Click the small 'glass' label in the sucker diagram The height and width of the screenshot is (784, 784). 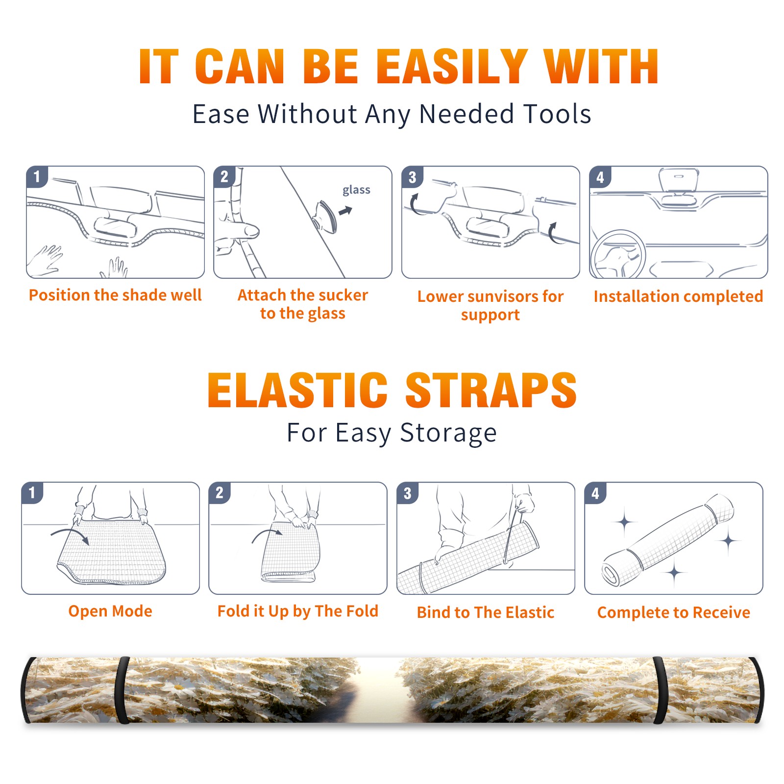point(356,190)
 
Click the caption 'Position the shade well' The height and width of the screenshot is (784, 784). point(115,295)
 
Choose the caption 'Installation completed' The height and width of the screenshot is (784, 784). point(678,296)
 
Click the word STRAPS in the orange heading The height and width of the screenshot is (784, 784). point(491,390)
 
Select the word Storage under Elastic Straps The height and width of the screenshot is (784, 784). point(448,433)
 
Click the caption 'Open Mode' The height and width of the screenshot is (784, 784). point(110,611)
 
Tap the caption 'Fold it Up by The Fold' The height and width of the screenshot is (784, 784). point(298,612)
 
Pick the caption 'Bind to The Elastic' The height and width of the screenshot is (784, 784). point(486,612)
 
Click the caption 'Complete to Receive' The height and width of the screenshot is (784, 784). point(674,612)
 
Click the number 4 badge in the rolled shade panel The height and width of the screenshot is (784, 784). point(595,493)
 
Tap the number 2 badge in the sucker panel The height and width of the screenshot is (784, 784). point(224,176)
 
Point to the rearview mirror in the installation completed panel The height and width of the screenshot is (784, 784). point(679,180)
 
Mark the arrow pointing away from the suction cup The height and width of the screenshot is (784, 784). point(345,211)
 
